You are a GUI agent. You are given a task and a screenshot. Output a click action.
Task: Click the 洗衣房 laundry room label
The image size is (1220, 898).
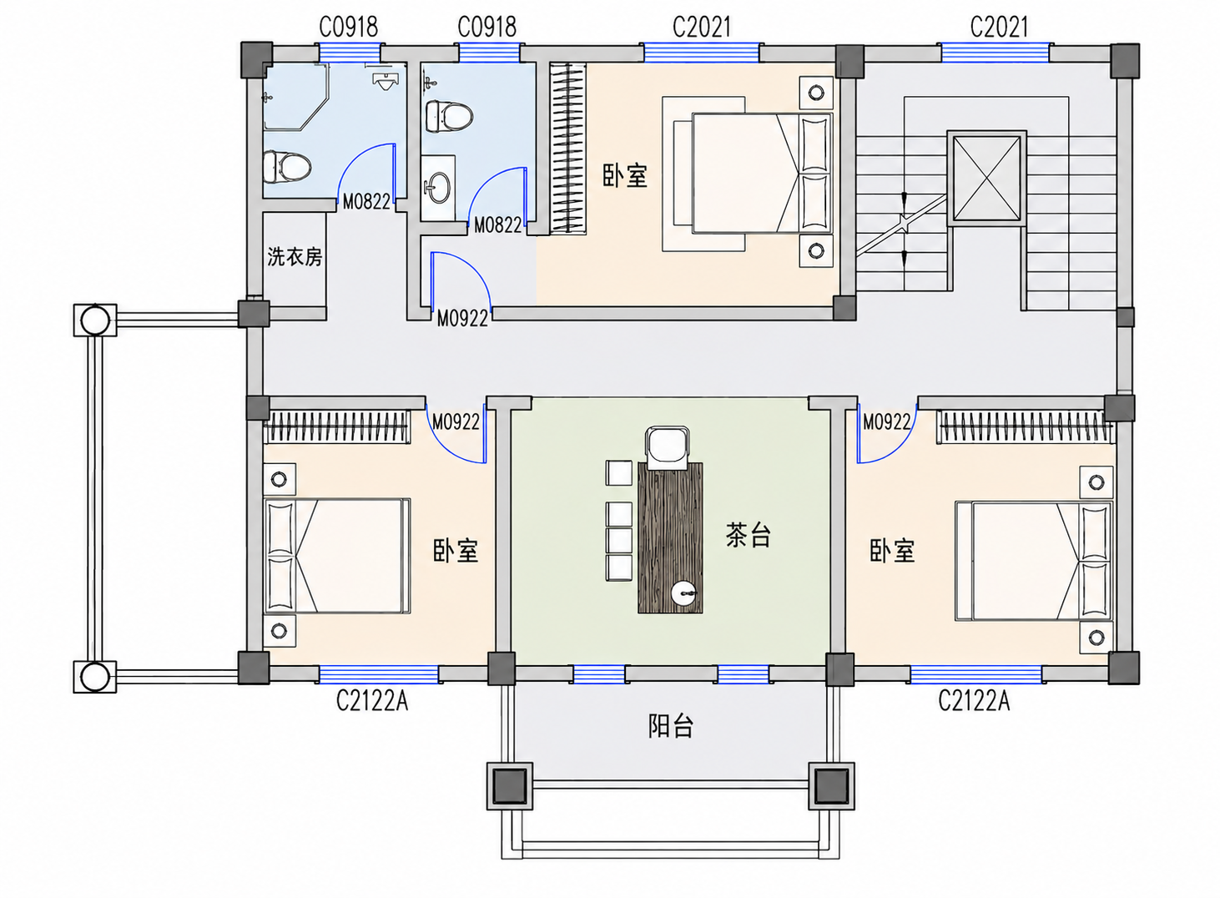pos(295,256)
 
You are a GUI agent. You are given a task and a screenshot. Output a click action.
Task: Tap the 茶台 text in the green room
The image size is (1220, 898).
pos(749,535)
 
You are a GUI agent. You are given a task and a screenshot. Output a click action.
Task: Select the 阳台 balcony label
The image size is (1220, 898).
pos(670,726)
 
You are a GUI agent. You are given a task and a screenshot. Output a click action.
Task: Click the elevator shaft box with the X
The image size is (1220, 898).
pos(987,178)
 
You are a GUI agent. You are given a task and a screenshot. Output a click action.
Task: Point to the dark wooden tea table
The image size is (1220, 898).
pos(670,538)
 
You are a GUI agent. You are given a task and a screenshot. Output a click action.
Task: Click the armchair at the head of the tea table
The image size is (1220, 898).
pos(668,447)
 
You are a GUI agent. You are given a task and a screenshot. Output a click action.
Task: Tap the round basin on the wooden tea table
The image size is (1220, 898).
pos(684,593)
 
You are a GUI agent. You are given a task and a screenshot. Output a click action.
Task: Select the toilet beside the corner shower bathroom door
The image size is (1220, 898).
pos(286,167)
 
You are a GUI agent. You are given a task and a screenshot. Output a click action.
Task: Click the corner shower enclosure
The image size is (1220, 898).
pos(297,97)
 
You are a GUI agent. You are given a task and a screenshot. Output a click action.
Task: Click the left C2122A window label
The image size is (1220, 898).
pos(372,701)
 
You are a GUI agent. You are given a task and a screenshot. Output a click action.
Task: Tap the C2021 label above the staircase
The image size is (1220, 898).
pos(999,27)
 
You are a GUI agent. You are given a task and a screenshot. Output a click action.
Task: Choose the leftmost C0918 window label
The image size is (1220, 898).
pos(349,27)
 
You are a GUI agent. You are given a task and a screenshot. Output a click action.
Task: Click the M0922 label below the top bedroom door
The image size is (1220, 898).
pos(462,319)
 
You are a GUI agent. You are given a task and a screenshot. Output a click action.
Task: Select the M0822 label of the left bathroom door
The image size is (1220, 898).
pos(366,202)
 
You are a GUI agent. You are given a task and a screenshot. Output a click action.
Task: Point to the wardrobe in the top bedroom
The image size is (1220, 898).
pos(567,149)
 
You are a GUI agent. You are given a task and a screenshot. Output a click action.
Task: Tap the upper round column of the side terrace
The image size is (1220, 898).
pos(95,320)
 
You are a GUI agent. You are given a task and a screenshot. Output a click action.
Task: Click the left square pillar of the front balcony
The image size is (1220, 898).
pos(509,786)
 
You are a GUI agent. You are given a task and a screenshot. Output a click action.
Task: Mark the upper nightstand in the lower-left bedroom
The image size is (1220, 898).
pos(280,480)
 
